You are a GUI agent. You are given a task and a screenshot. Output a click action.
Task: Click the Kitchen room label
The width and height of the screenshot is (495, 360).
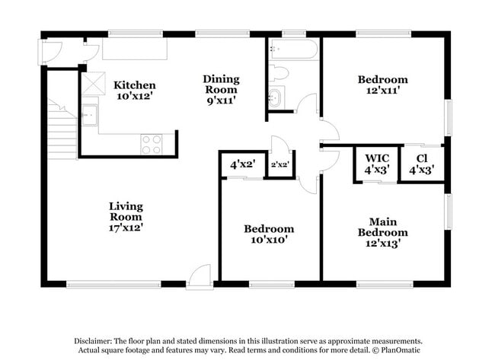pos(135,85)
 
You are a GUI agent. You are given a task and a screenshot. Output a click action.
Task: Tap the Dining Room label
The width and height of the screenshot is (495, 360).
pos(221,84)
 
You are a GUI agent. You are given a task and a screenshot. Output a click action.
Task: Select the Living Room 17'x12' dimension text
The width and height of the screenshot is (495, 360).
pos(126,228)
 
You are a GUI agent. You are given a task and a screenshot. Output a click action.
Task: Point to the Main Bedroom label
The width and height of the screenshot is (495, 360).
pos(382,227)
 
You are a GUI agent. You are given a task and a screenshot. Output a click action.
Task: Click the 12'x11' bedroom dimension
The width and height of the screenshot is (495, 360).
pos(383,91)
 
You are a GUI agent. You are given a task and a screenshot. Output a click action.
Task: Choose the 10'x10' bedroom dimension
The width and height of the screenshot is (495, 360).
pos(269,240)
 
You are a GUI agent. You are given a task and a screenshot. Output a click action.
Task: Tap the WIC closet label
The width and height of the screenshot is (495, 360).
pos(377,158)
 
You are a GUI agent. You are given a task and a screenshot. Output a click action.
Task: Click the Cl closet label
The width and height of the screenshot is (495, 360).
pos(422,158)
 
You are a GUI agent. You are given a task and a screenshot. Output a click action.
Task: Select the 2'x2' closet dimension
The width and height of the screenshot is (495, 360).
pos(280,164)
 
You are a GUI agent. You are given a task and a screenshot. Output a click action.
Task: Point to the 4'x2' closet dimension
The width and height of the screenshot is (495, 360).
pos(242,164)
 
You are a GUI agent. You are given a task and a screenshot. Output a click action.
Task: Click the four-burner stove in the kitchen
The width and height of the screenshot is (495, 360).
pos(152,145)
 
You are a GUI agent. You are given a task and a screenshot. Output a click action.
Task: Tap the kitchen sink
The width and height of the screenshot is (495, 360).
pos(90,115)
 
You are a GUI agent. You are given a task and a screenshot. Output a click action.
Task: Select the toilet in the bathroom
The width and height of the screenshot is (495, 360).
pos(279,73)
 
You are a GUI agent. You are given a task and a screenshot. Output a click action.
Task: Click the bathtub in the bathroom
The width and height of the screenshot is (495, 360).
pos(293,49)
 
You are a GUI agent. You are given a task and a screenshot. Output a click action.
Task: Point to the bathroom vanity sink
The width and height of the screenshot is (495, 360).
pos(276,97)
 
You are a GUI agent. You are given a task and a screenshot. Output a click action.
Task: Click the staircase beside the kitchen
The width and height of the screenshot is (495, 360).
pos(62,129)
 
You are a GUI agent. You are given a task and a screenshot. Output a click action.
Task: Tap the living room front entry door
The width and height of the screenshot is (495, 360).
pos(199,277)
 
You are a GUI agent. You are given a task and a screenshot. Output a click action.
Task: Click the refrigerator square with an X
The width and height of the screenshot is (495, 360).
pos(94,84)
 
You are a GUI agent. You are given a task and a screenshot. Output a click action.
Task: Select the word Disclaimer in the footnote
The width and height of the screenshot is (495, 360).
pos(93,341)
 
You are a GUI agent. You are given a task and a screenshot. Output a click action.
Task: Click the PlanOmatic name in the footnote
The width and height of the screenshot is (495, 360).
pos(401,350)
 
